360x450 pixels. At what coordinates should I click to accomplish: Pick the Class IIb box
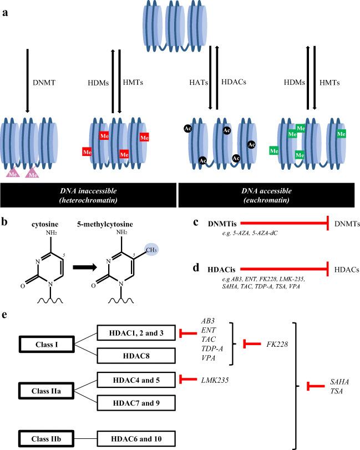45,437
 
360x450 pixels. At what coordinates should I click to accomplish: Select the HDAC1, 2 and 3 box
136,332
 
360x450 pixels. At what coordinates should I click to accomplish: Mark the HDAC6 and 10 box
136,437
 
